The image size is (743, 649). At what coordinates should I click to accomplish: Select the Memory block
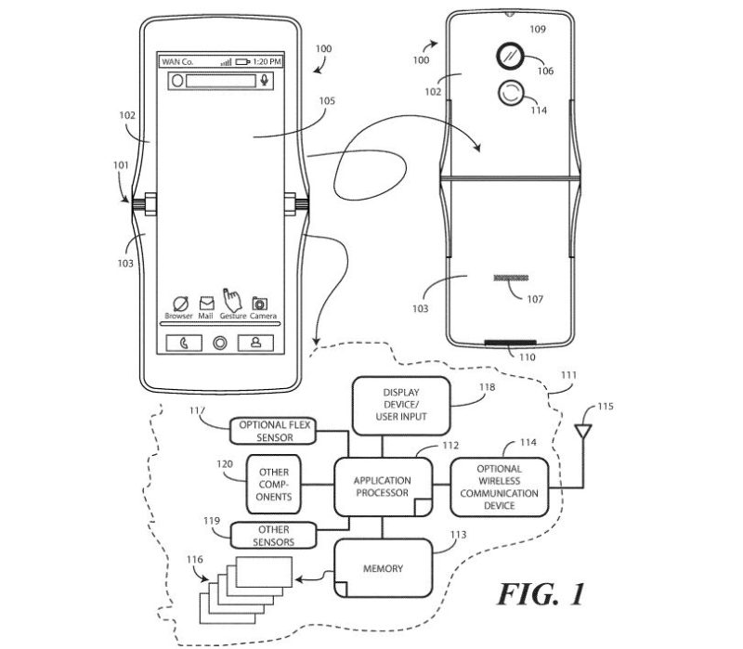383,568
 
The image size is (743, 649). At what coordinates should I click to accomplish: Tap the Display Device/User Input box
400,405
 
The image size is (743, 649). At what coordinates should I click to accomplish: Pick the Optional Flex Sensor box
274,431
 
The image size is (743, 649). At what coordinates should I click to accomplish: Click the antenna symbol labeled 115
582,433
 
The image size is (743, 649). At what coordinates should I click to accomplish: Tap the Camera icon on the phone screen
261,303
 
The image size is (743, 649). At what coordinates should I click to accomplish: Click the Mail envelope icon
206,303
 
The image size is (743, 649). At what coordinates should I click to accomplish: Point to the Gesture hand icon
232,299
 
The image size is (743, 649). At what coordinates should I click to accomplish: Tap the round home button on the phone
220,343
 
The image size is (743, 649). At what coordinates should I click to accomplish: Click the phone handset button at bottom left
185,343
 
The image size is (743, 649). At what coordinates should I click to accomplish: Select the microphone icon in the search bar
265,81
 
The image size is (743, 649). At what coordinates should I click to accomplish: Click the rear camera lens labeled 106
510,55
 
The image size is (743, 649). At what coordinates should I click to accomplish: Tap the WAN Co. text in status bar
176,61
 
